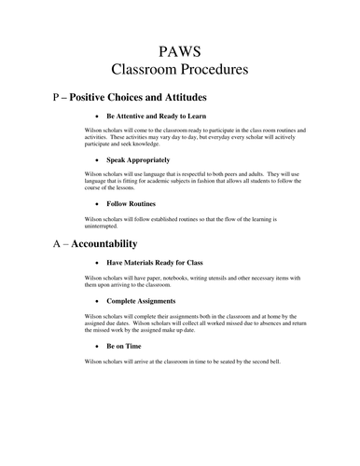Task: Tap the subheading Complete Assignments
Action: point(142,302)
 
